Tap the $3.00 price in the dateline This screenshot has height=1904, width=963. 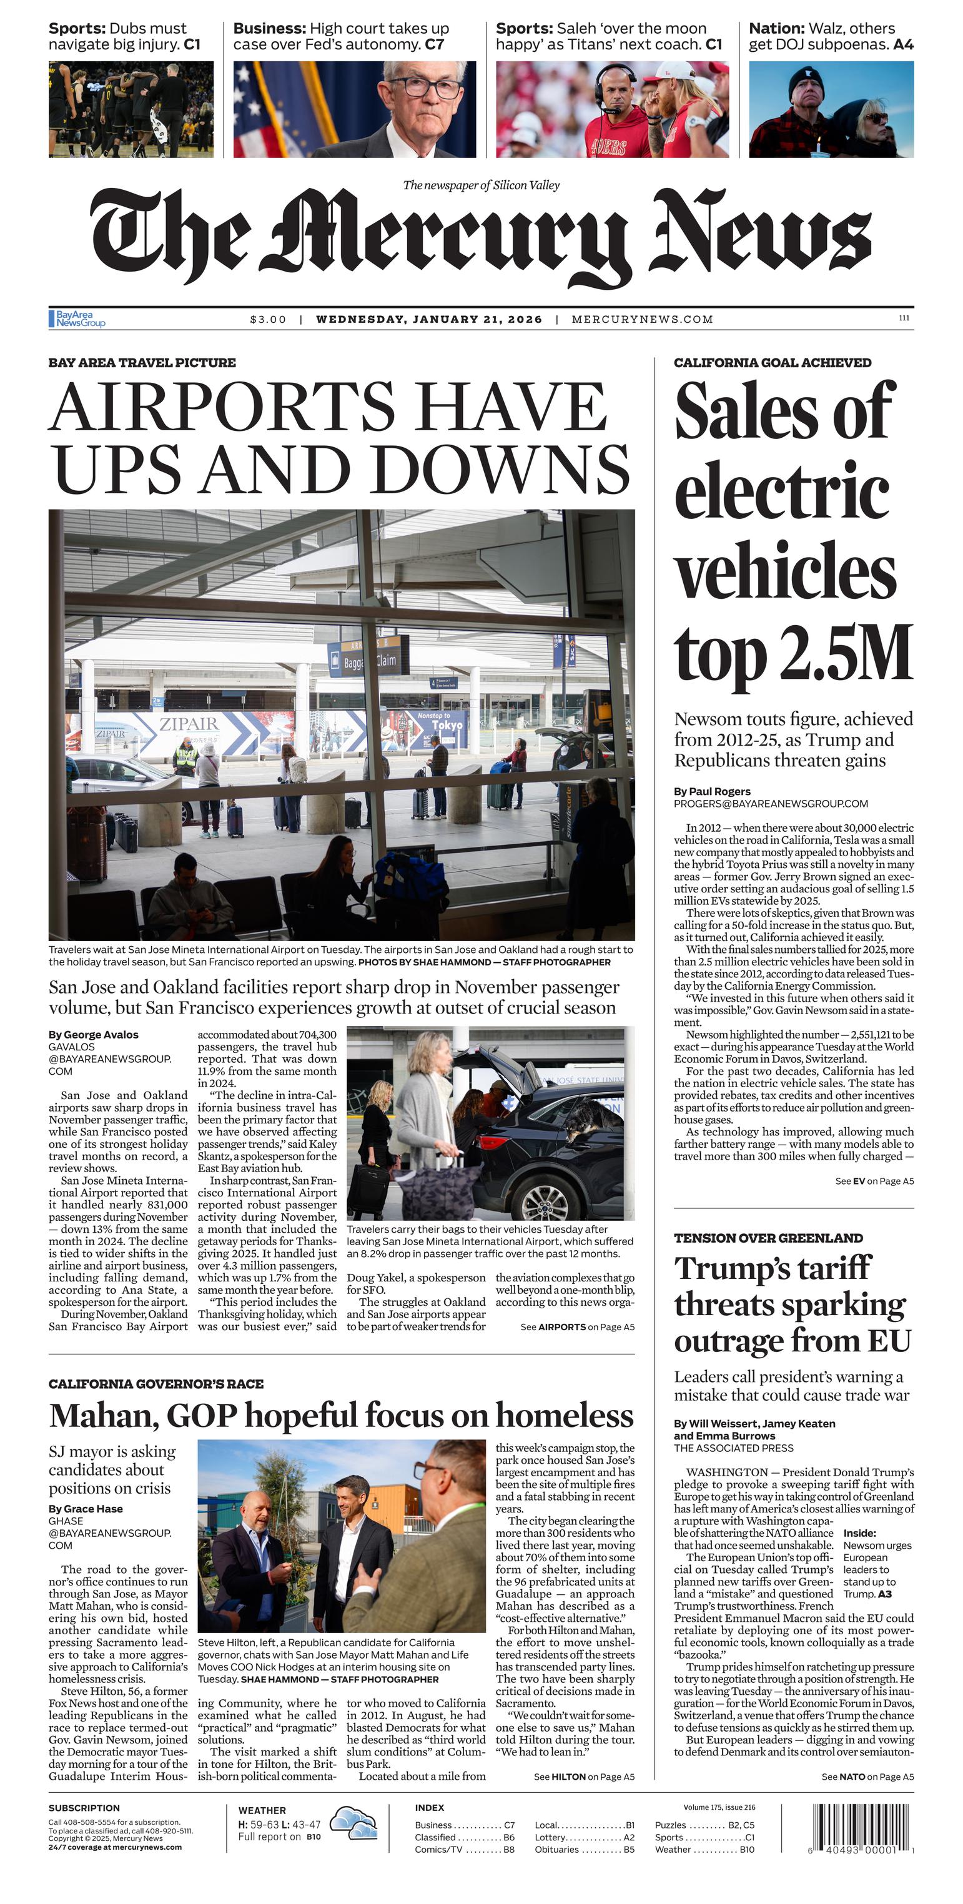coord(267,319)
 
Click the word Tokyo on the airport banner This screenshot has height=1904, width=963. coord(447,725)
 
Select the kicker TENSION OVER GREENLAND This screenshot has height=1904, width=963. coord(768,1238)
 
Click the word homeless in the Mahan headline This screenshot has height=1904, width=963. coord(565,1416)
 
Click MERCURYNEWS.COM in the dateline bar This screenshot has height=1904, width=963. coord(642,319)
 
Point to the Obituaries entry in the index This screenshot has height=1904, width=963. coord(556,1849)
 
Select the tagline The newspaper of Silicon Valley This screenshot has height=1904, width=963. coord(481,185)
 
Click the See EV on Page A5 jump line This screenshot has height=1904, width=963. coord(874,1181)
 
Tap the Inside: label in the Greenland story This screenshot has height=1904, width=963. coord(859,1533)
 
